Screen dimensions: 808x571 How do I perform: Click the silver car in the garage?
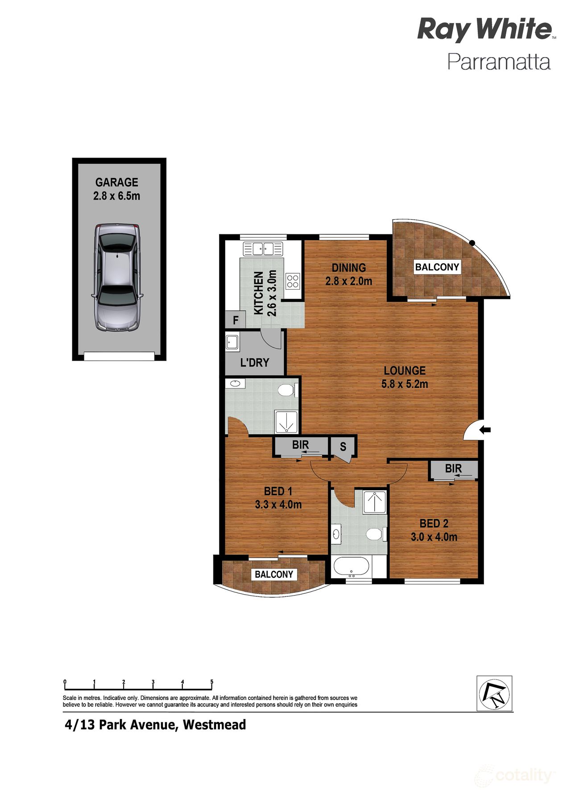coord(117,278)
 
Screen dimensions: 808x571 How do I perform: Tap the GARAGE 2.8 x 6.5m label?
coord(117,189)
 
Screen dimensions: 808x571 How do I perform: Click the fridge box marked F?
coord(236,321)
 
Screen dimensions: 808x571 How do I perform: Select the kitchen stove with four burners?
coord(293,281)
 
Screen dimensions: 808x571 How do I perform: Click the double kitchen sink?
coord(263,249)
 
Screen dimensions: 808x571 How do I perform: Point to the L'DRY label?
coord(255,362)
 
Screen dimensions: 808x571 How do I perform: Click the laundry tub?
coord(232,342)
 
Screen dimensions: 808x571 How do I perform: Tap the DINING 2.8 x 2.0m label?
coord(349,274)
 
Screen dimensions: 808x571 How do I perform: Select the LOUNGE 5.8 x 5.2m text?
coord(405,377)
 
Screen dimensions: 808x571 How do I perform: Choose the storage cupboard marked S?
coord(343,446)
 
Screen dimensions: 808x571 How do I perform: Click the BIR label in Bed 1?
coord(301,445)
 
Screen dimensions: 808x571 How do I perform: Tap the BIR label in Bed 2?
coord(453,468)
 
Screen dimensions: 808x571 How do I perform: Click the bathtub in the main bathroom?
coord(352,567)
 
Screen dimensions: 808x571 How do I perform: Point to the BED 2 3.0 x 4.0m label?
coord(434,530)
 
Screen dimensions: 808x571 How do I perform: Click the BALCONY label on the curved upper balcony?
coord(437,267)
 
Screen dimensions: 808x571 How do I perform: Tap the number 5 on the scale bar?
coord(212,682)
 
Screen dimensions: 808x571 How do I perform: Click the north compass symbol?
coord(494,693)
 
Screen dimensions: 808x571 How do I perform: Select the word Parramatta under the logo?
coord(499,62)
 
